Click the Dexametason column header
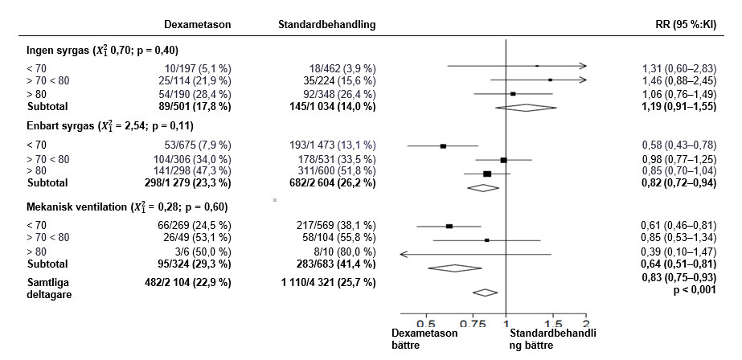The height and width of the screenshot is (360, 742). [197, 24]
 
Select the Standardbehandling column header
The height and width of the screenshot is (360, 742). [326, 24]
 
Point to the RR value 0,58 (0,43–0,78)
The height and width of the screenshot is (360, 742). [671, 146]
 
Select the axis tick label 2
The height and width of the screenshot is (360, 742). [586, 318]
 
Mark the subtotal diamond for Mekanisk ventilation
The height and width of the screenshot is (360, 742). [454, 268]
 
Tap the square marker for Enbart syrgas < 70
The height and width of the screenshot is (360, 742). [443, 146]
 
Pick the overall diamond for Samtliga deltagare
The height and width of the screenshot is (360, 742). [486, 292]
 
